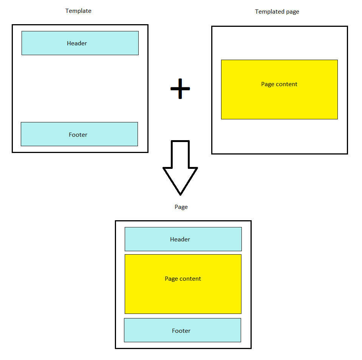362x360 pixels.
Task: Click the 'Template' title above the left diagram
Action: [78, 11]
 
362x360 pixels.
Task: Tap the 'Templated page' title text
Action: [277, 12]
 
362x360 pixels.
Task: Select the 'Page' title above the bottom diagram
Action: [181, 207]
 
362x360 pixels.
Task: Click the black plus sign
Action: [180, 89]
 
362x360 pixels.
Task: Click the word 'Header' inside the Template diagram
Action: [77, 43]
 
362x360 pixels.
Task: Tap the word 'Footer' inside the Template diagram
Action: [78, 135]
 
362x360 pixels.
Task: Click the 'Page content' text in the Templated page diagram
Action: [279, 84]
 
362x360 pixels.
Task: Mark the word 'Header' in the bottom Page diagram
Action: [180, 239]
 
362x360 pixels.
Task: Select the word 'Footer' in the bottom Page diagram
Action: [181, 331]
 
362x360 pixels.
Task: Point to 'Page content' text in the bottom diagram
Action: [183, 279]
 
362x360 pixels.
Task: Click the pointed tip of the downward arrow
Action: [180, 193]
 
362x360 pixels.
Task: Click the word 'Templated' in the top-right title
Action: [268, 12]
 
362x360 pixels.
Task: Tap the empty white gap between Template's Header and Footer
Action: [80, 88]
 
